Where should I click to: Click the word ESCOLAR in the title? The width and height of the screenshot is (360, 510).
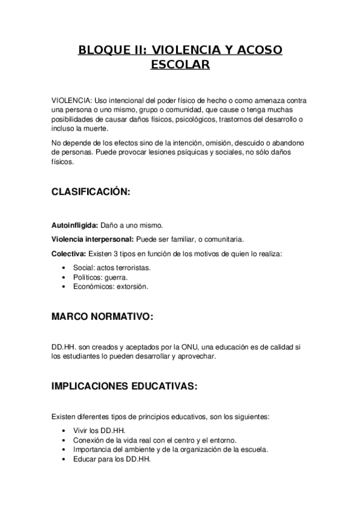click(180, 64)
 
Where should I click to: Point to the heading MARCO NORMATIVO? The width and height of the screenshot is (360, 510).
click(102, 316)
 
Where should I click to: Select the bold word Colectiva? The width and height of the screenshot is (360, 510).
click(69, 253)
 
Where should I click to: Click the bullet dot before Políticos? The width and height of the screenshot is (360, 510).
click(64, 277)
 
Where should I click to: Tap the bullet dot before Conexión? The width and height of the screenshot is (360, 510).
click(64, 440)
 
